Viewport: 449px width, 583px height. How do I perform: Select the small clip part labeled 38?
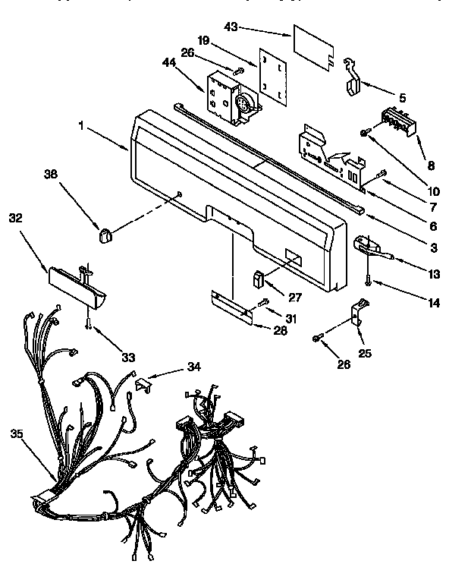coord(105,235)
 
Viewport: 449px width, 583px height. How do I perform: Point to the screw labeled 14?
coord(368,281)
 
